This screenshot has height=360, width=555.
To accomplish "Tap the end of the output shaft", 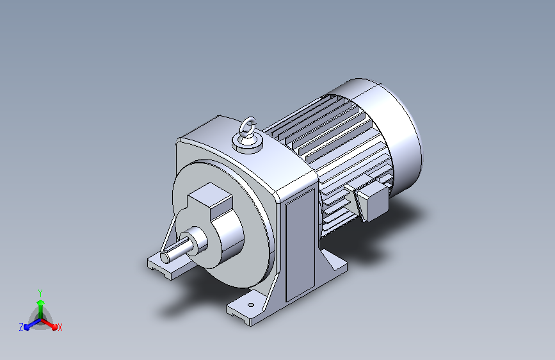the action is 165,258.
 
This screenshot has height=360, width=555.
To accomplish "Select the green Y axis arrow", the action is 40,309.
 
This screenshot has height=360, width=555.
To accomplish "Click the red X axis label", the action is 60,328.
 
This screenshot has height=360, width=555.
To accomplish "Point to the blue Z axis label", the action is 21,327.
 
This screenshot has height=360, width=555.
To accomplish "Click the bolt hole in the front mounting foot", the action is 251,305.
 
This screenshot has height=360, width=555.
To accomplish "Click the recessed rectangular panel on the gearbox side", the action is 300,245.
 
